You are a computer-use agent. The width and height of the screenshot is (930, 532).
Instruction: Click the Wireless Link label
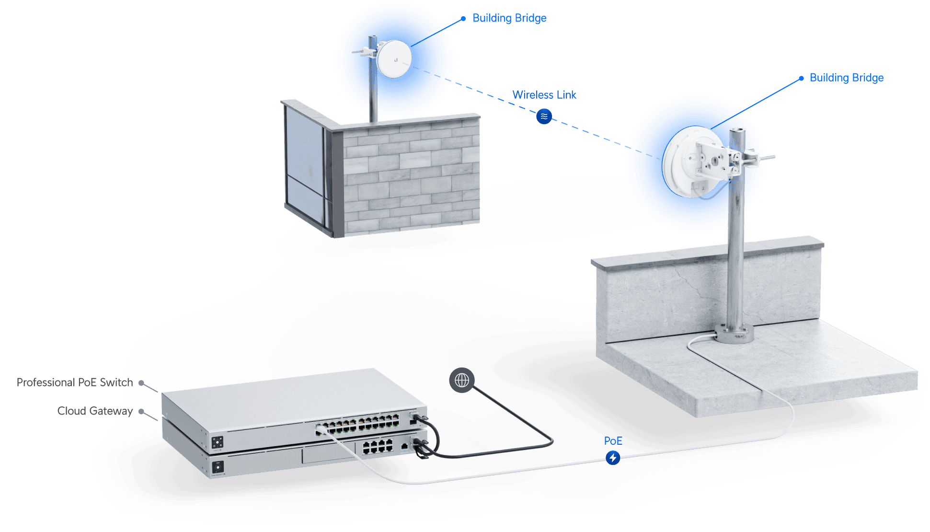(x=544, y=94)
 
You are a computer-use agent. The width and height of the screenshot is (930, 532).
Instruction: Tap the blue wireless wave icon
(x=544, y=116)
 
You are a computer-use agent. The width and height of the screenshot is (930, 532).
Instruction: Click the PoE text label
(x=613, y=440)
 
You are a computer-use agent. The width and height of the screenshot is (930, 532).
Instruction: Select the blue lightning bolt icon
(x=613, y=458)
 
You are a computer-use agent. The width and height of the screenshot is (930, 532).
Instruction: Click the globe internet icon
(x=462, y=381)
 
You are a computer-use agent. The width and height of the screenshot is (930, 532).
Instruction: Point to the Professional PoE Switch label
(x=74, y=382)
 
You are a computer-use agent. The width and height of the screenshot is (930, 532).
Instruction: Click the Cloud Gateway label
(x=94, y=411)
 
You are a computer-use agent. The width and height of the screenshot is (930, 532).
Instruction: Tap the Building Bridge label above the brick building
(x=509, y=18)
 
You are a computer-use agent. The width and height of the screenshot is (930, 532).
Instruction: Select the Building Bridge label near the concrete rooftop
(x=846, y=78)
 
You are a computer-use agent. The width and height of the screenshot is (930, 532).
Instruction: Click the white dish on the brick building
(x=394, y=59)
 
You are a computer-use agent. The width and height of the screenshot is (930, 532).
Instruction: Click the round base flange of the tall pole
(x=733, y=334)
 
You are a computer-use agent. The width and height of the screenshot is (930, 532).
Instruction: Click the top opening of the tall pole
(x=737, y=130)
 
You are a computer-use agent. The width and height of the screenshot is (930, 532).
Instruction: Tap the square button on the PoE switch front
(x=218, y=442)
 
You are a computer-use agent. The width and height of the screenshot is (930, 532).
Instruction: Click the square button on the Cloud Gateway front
(x=218, y=466)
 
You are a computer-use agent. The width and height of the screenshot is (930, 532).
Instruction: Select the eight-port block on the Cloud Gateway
(x=377, y=447)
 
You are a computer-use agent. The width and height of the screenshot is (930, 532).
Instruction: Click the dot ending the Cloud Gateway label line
(x=141, y=411)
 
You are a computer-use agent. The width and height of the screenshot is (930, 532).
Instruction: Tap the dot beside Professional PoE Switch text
(x=141, y=382)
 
